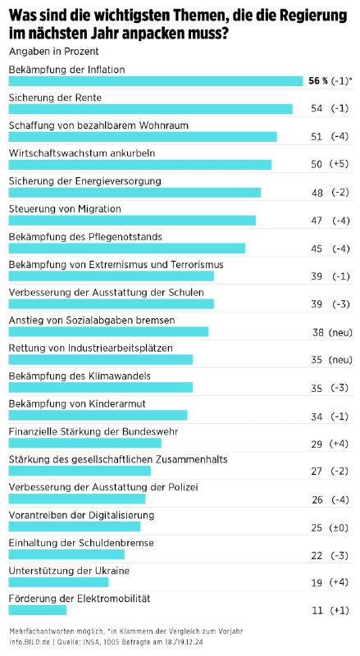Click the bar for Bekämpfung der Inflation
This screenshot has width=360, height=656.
(156, 81)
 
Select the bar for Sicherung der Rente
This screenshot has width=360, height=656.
(151, 109)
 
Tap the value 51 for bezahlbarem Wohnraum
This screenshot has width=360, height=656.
(317, 136)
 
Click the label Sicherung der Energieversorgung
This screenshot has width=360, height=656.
(85, 181)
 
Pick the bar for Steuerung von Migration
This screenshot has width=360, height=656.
(132, 221)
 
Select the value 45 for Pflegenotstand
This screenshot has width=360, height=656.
(317, 248)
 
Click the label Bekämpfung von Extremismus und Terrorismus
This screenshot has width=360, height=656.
(116, 264)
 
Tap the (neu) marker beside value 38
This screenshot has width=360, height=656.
(340, 332)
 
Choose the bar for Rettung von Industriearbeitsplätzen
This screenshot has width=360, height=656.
(101, 360)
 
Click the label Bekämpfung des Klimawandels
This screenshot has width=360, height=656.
(80, 376)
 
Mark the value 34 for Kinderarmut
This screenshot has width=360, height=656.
(317, 417)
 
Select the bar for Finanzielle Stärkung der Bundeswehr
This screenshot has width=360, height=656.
(85, 443)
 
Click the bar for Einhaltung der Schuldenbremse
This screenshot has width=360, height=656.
(66, 555)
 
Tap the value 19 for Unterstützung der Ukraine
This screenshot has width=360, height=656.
(317, 582)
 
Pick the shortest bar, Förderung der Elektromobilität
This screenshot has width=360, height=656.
(38, 610)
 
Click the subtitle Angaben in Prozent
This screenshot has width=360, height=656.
(54, 52)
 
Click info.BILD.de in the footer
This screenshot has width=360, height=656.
(26, 641)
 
